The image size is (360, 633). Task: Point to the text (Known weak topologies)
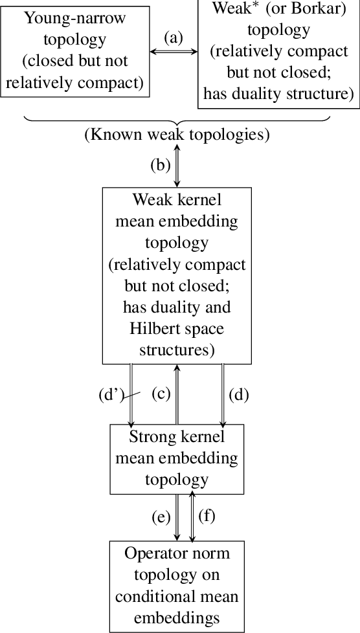177,135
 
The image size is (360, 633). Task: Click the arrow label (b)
161,165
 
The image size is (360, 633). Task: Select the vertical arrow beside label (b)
176,166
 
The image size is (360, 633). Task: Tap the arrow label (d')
111,394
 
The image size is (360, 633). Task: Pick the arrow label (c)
161,393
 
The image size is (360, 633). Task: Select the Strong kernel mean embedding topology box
176,458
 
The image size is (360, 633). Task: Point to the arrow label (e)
161,516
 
